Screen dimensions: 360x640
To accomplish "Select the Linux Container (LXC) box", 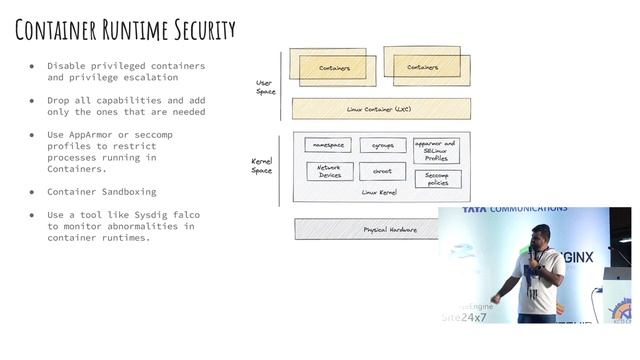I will [x=381, y=108].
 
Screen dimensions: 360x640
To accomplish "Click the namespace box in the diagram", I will [x=328, y=145].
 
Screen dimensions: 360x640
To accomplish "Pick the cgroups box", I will [x=382, y=145].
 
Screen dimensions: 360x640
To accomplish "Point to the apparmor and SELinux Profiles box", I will [x=437, y=150].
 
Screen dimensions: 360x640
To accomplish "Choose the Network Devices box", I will [x=329, y=171].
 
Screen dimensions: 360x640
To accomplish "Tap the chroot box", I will [x=382, y=171].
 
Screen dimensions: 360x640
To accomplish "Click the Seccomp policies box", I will [x=437, y=179].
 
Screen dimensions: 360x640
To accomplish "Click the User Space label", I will [x=265, y=87].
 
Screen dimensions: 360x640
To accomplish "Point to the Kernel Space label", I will [x=261, y=165].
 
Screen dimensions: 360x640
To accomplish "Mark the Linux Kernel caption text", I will [x=379, y=192].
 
